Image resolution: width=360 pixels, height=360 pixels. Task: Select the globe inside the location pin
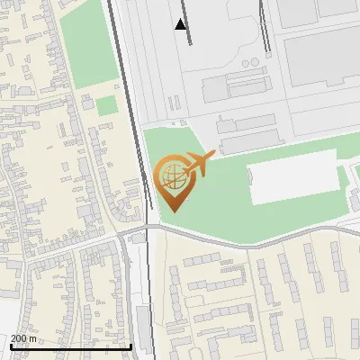click(x=172, y=175)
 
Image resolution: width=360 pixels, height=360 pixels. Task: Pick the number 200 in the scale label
click(x=20, y=338)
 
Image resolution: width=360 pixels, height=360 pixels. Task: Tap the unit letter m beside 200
click(x=34, y=338)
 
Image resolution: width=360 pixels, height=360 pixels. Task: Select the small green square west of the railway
click(x=107, y=105)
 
